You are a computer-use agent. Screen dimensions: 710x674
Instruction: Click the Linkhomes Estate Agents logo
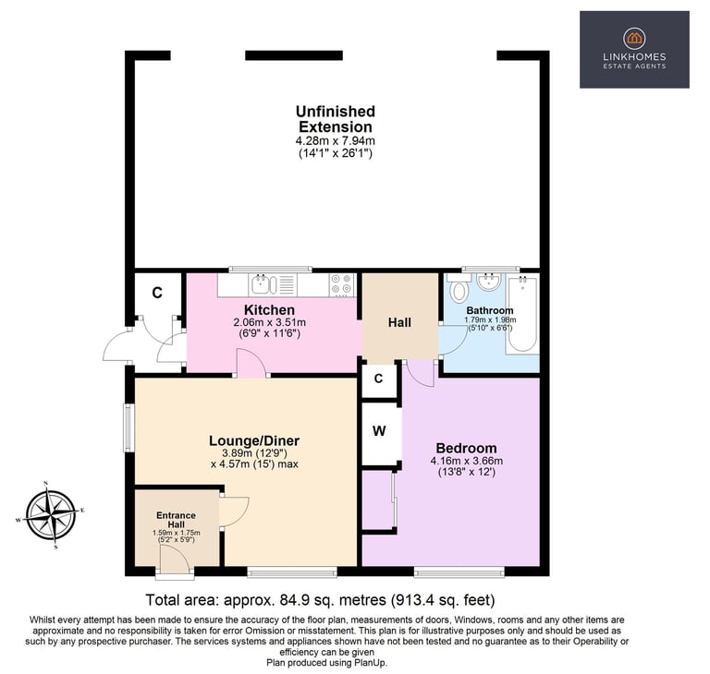click(634, 50)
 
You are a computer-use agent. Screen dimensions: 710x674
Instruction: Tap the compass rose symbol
click(51, 515)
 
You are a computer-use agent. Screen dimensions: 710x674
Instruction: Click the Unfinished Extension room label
click(336, 119)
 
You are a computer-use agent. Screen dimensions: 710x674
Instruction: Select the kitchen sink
click(265, 284)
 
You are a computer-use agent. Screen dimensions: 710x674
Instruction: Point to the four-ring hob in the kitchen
click(341, 284)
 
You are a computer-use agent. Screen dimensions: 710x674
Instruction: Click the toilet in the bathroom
click(459, 289)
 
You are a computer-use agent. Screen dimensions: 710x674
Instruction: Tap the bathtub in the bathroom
click(522, 315)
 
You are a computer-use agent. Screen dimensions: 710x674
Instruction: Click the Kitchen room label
click(269, 310)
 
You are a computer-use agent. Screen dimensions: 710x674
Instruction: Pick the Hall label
click(399, 322)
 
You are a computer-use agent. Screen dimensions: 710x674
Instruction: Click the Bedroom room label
click(466, 448)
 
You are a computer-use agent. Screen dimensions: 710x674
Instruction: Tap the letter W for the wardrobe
click(379, 431)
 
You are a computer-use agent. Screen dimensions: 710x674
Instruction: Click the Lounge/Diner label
click(254, 440)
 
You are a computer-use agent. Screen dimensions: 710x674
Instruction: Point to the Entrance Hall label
click(177, 520)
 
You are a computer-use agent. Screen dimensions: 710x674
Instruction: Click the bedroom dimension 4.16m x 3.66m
click(466, 462)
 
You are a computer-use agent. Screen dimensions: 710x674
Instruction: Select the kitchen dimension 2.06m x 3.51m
click(269, 322)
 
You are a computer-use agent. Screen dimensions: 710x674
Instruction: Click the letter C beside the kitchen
click(157, 293)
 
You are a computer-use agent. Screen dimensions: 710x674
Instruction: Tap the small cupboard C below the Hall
click(378, 379)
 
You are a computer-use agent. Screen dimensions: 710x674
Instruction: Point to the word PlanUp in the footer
click(371, 663)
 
